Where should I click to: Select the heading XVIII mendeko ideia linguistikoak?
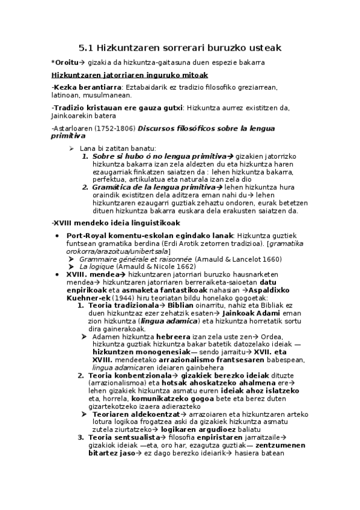pyautogui.click(x=111, y=223)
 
